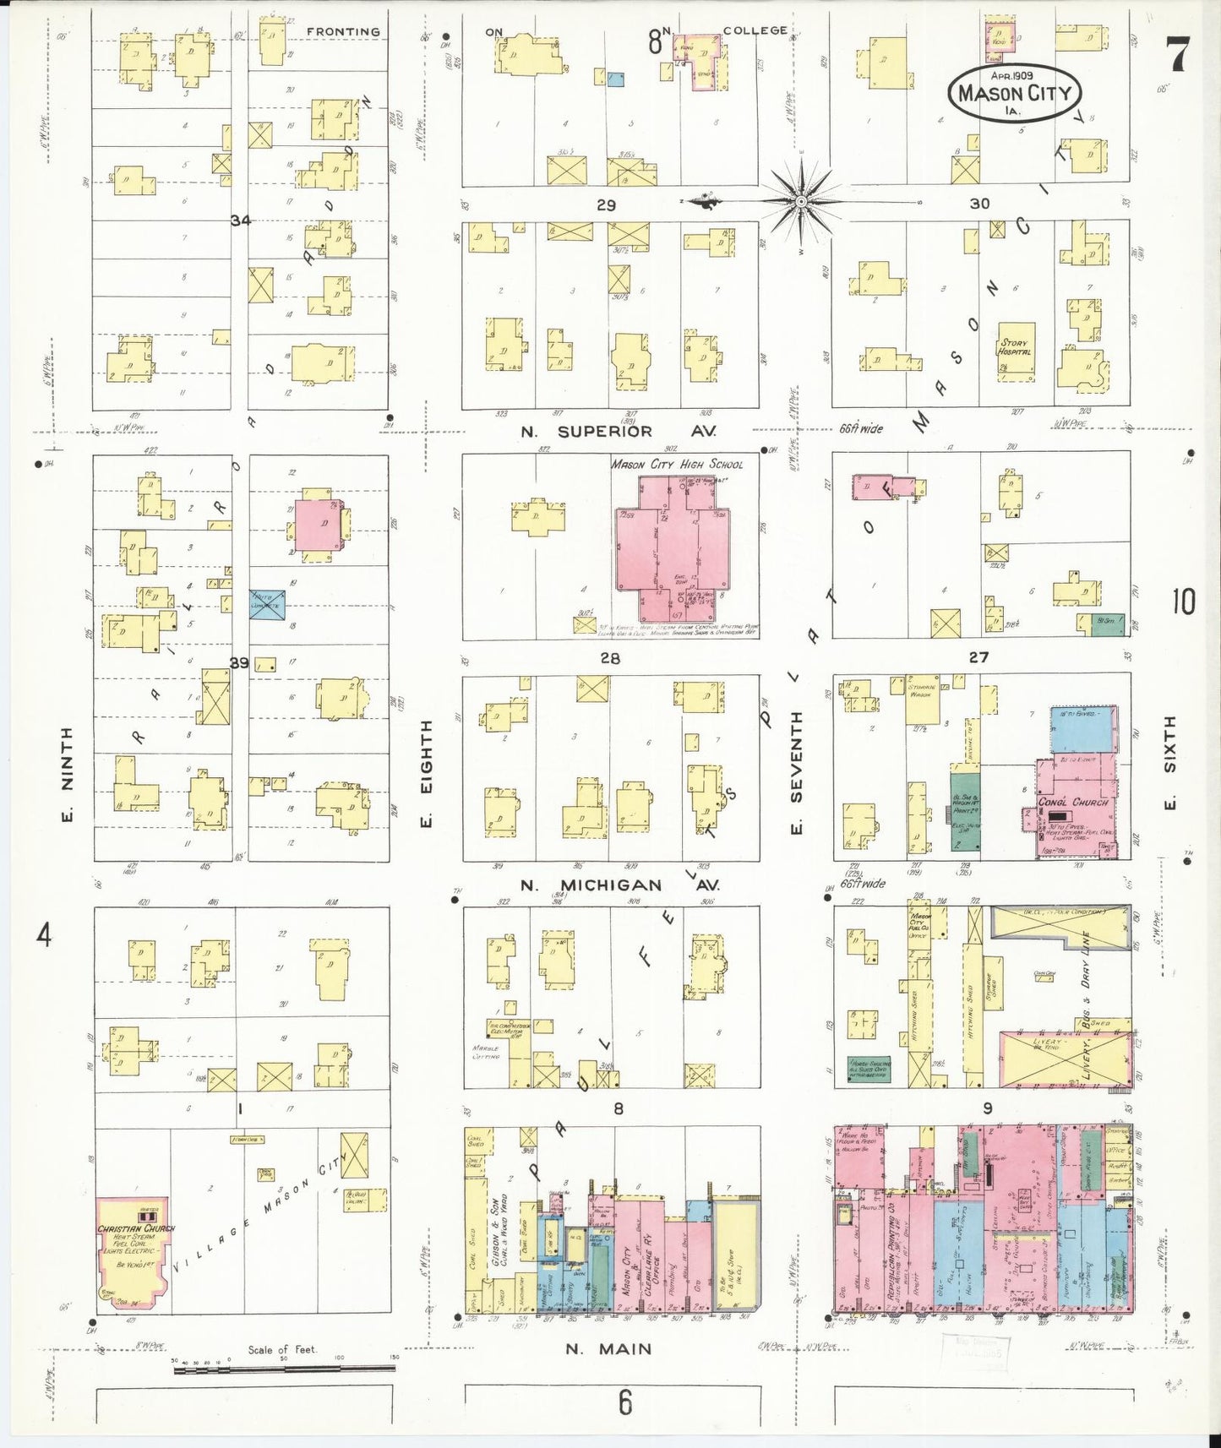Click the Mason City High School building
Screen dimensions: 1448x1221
click(x=671, y=549)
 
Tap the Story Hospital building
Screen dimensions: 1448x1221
click(x=1014, y=347)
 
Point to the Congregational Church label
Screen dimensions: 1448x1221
click(x=1072, y=802)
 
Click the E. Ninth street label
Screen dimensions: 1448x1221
click(x=67, y=774)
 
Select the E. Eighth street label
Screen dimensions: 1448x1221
click(x=426, y=774)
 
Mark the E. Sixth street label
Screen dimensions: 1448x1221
click(x=1169, y=760)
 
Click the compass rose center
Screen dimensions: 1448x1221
click(x=800, y=201)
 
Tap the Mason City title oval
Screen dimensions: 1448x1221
click(x=1014, y=93)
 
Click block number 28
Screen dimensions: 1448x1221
click(x=609, y=658)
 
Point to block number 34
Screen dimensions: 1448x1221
click(x=241, y=220)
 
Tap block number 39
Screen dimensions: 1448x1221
click(x=240, y=663)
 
